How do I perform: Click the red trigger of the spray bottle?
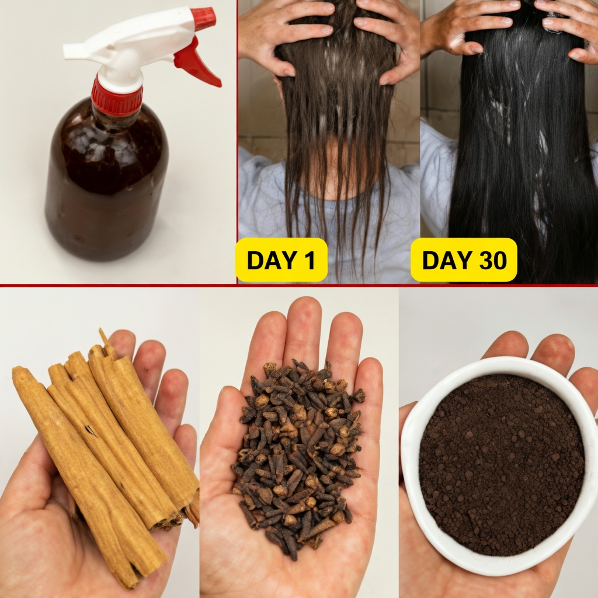(196, 64)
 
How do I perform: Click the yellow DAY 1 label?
(280, 260)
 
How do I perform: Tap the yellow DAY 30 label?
(464, 260)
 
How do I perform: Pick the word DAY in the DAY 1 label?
(269, 260)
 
